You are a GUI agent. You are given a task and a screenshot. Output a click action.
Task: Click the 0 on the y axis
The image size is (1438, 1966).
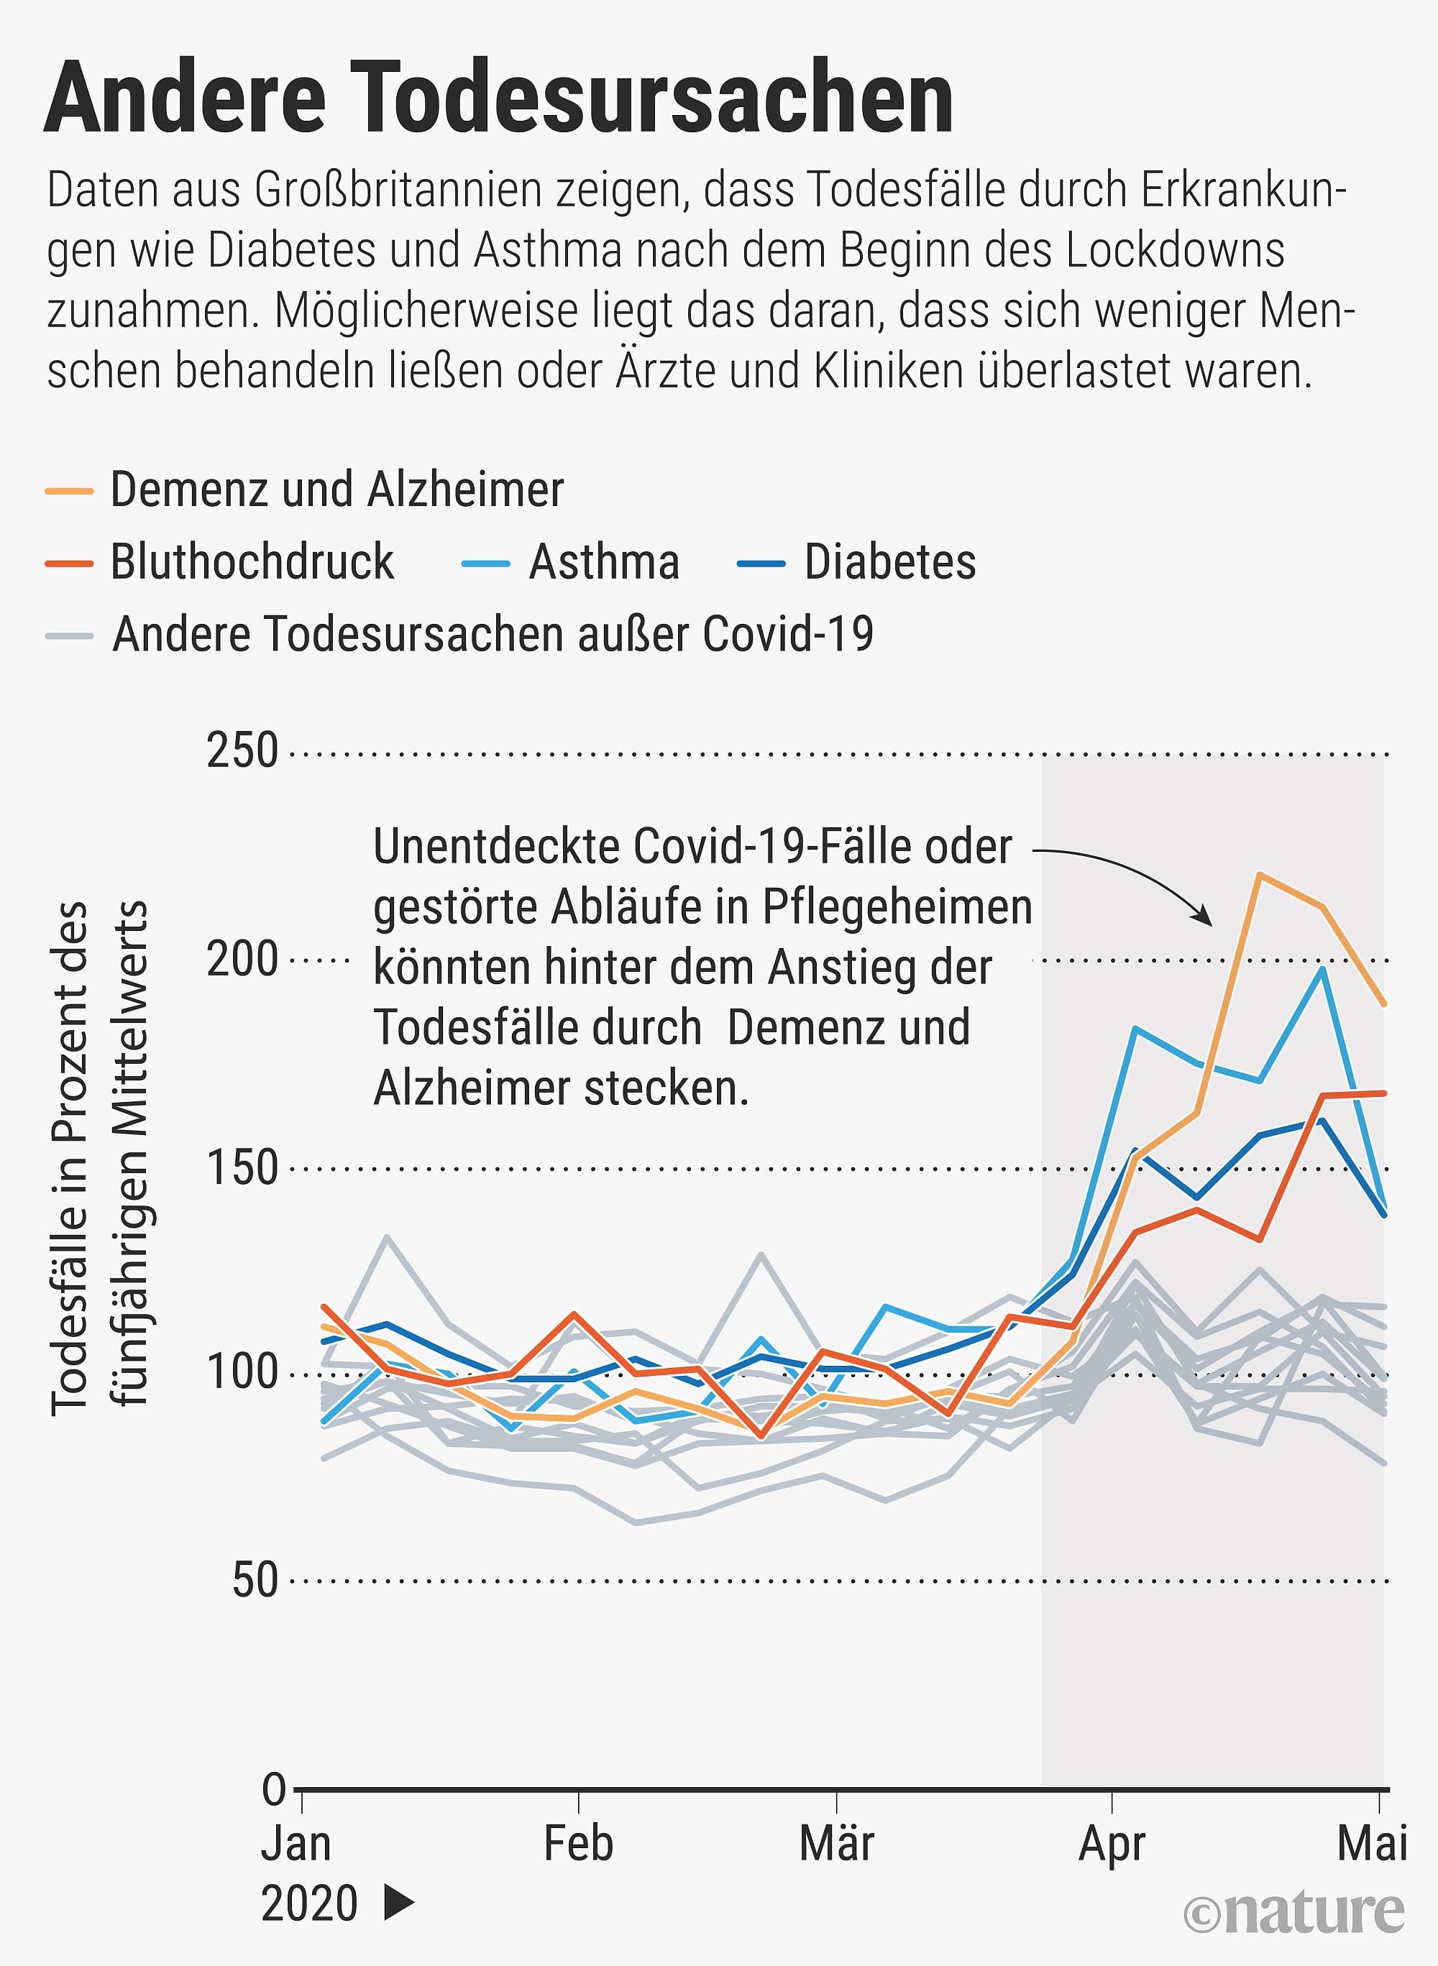pos(273,1789)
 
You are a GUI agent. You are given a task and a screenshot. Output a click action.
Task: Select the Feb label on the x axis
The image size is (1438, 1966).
pos(578,1843)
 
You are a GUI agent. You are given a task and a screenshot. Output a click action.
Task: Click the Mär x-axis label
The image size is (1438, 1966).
pos(836,1843)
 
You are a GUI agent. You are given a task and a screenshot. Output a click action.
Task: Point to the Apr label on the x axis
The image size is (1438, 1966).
pos(1112,1843)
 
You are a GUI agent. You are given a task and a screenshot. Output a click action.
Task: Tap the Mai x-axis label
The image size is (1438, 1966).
pos(1372,1843)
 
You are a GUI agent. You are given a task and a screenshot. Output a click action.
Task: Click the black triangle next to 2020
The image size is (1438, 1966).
pos(398,1903)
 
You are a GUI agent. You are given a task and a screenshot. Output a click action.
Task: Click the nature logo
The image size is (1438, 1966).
pos(1293,1912)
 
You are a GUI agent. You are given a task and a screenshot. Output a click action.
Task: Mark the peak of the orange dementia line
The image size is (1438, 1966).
pos(1260,874)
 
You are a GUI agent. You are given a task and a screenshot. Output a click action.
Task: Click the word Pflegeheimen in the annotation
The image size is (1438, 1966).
pos(897,907)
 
